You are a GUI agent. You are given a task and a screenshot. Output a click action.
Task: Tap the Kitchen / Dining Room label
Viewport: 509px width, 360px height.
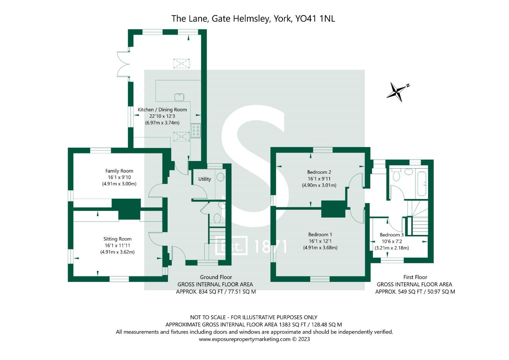point(162,110)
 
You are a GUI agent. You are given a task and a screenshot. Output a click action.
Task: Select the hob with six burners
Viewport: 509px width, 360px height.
point(196,130)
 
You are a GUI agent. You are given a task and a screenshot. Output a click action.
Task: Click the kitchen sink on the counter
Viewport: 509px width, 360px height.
point(179,97)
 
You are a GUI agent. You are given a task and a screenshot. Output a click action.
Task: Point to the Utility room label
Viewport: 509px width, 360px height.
point(205,179)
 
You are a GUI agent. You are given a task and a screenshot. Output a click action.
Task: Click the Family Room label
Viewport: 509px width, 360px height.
point(119,171)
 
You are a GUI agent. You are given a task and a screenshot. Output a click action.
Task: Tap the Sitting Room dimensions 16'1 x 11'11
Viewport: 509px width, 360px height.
point(117,245)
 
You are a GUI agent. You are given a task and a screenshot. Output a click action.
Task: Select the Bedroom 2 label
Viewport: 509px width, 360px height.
point(319,172)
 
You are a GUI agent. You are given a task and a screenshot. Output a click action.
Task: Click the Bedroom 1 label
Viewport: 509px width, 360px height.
point(320,234)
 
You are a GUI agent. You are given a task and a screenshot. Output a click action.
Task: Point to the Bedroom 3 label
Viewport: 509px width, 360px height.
point(392,235)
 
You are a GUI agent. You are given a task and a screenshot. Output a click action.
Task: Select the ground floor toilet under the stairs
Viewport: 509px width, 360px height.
point(217,218)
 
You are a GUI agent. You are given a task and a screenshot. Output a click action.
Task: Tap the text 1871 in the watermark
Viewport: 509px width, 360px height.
point(270,247)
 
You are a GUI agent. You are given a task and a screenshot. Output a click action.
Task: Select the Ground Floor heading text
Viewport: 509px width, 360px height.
point(216,277)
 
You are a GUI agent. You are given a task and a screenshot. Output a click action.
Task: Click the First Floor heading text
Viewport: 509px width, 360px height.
point(415,277)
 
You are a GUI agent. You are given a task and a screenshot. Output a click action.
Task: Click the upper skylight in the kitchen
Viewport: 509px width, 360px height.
point(181,63)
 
